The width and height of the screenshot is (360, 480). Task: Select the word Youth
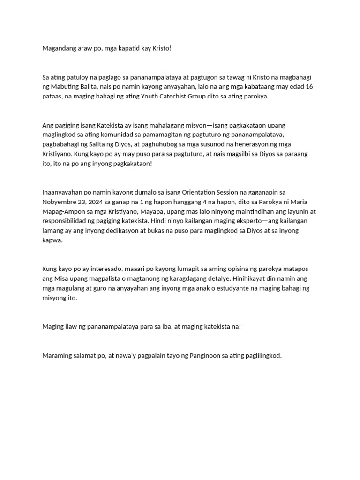pos(170,96)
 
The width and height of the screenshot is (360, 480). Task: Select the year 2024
pos(100,202)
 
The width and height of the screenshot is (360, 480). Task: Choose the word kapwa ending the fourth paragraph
pos(52,240)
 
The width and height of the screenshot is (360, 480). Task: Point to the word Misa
pos(60,278)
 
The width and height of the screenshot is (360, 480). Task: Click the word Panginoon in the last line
pos(206,355)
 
